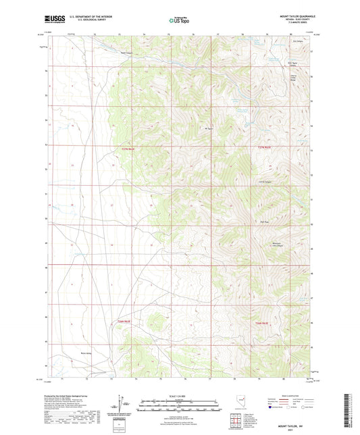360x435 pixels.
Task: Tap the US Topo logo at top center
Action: (x=179, y=21)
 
